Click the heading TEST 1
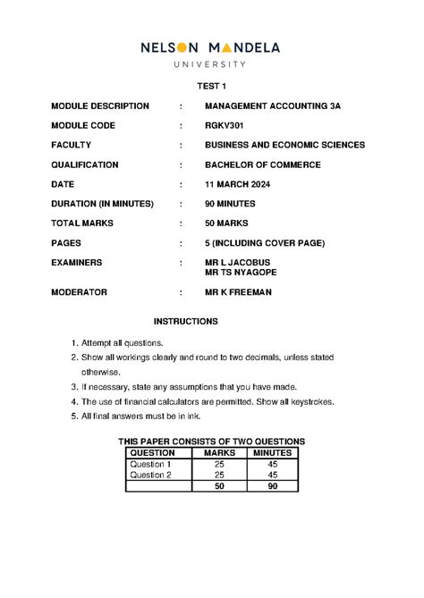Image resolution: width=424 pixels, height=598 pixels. (212, 87)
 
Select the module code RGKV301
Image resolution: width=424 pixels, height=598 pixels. (224, 125)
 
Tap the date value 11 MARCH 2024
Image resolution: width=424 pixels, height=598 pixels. (237, 184)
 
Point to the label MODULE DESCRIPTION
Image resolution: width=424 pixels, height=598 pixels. (100, 105)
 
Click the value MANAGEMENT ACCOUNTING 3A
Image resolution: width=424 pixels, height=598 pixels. (273, 105)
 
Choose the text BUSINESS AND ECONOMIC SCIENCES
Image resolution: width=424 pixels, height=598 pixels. (284, 145)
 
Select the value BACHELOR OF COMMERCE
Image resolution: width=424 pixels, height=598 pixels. (262, 164)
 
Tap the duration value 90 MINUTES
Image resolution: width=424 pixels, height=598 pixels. (230, 204)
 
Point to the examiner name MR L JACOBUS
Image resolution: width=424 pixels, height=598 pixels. (236, 263)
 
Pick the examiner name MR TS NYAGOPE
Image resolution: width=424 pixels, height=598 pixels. (242, 273)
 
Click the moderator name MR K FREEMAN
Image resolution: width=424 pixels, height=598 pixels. (237, 292)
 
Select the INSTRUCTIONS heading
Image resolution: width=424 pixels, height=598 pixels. (185, 321)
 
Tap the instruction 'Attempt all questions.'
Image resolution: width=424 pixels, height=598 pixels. (123, 343)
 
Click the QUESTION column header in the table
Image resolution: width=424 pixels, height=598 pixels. (153, 453)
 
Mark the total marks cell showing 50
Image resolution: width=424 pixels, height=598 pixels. (219, 486)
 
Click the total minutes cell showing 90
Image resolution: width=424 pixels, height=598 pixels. (273, 486)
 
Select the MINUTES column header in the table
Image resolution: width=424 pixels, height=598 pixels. (273, 453)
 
